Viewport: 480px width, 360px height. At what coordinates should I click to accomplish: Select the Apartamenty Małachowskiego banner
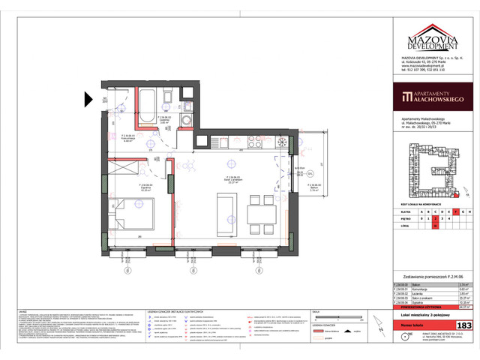(430, 97)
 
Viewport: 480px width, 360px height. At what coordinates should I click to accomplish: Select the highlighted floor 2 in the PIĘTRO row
(434, 218)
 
